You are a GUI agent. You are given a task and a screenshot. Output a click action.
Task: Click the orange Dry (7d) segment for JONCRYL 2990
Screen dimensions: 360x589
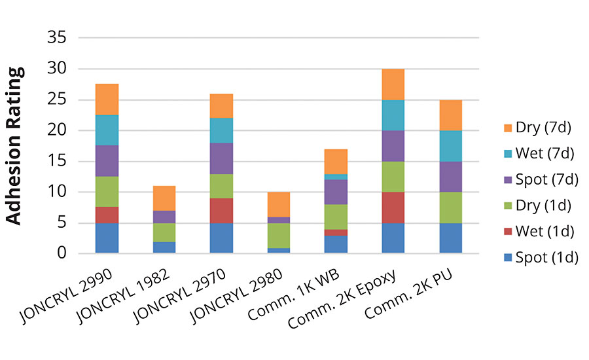(x=107, y=99)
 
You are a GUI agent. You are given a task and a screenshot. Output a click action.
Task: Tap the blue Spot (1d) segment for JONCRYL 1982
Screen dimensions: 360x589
(x=164, y=247)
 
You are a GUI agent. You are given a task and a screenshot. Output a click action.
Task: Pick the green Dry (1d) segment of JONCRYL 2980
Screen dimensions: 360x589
(x=278, y=234)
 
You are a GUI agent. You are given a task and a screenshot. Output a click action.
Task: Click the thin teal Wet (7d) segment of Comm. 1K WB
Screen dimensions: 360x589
(x=336, y=177)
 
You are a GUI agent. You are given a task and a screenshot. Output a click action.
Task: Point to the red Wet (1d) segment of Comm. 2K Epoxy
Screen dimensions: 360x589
(x=393, y=207)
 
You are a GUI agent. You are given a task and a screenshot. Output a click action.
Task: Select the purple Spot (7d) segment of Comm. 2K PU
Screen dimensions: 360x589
(x=450, y=177)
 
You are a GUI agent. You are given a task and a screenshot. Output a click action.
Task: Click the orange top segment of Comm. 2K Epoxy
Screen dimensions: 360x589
(x=393, y=84)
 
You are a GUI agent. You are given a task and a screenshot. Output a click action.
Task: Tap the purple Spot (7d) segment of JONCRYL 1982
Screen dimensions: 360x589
(x=164, y=217)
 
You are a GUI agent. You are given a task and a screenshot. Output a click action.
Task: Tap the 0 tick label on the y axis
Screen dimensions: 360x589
(x=63, y=253)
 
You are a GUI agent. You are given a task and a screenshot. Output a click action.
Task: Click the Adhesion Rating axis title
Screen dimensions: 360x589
(x=14, y=145)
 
